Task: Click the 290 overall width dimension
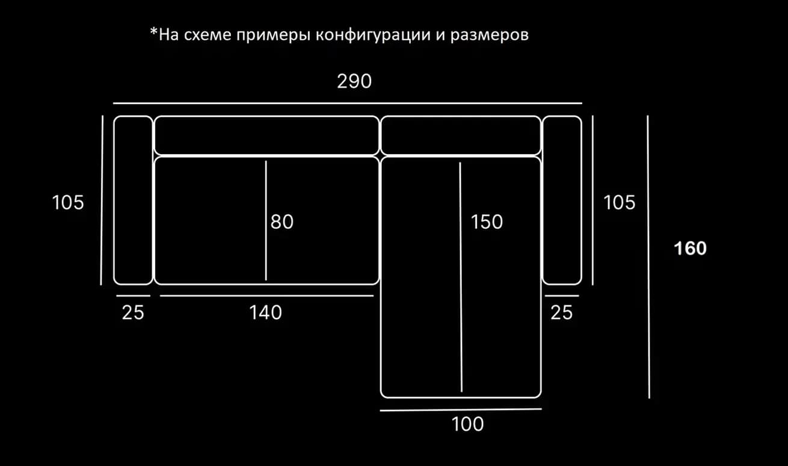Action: click(x=354, y=81)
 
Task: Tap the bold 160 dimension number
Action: click(x=690, y=248)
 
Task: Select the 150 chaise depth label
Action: click(x=487, y=222)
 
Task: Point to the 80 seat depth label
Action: click(x=282, y=222)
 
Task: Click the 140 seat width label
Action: click(x=266, y=312)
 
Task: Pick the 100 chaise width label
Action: click(x=467, y=424)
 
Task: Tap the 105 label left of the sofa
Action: click(x=68, y=202)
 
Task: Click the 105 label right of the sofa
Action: click(x=620, y=202)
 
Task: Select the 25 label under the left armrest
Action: click(x=133, y=312)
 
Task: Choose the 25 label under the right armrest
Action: click(x=561, y=312)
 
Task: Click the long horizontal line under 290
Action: click(x=348, y=103)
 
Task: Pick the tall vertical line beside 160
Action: click(x=648, y=256)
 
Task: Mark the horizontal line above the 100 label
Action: click(x=461, y=409)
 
